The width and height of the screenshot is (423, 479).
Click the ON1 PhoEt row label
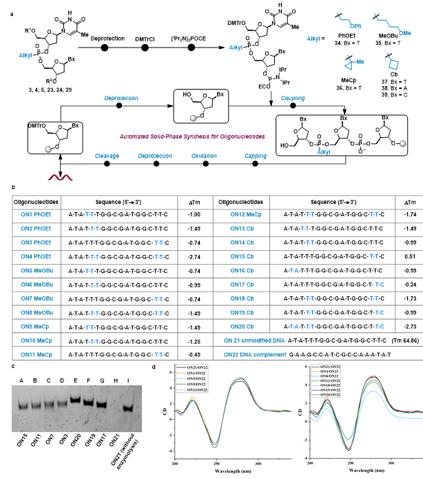(30, 214)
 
